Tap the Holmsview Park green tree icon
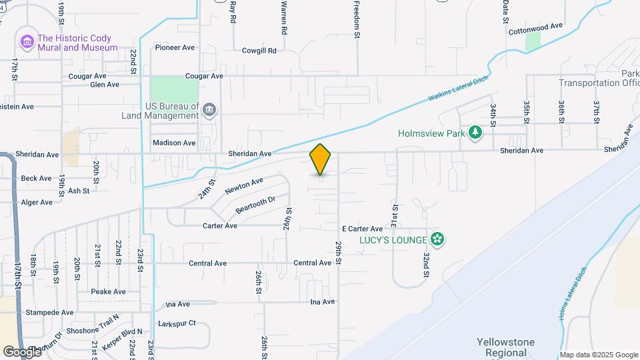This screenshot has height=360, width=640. [x=475, y=133]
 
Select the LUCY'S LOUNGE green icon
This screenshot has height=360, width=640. [x=437, y=239]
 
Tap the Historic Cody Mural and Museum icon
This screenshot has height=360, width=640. [x=27, y=43]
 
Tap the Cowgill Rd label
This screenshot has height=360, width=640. [x=259, y=51]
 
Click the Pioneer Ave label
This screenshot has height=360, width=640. [x=174, y=47]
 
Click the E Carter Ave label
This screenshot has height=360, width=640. [x=362, y=229]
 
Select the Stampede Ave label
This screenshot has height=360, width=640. [x=49, y=312]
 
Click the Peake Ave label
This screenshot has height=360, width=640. [x=108, y=291]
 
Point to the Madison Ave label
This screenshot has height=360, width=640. [x=174, y=143]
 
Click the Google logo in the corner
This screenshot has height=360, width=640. [x=22, y=351]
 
